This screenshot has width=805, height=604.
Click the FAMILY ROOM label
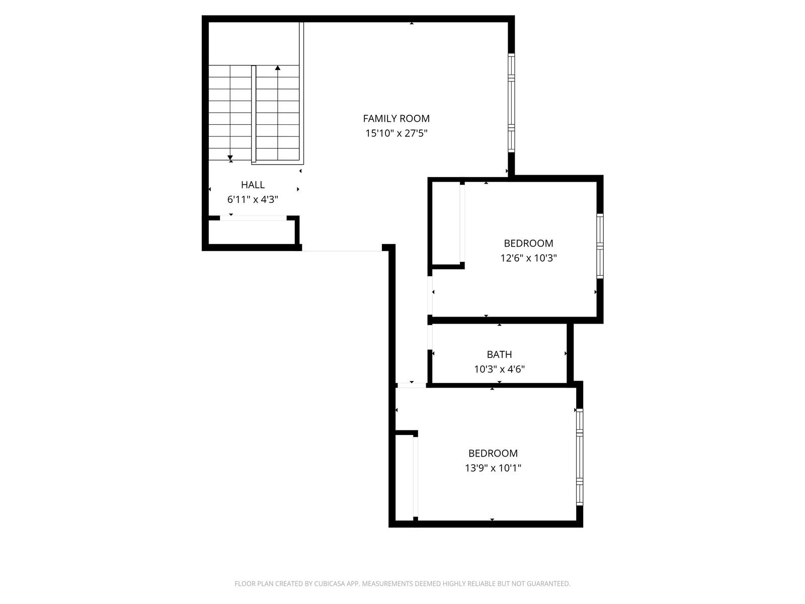pos(396,118)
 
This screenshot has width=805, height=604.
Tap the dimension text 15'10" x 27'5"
pos(396,133)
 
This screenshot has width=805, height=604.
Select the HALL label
pos(253,185)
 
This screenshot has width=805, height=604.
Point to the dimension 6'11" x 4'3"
pos(253,199)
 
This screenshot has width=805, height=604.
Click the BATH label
pos(499,355)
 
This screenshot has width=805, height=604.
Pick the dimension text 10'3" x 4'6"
pos(499,369)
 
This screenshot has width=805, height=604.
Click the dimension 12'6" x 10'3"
pos(528,258)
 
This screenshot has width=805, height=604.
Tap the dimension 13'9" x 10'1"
pos(493,468)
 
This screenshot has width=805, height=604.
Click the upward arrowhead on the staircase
pos(278,68)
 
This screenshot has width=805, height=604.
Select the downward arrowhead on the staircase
pos(230,158)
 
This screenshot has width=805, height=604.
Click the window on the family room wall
pos(511,103)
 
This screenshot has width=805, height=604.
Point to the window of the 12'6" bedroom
pos(600,246)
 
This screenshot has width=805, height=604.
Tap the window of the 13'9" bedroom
pos(580,457)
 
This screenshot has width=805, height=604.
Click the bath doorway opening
pos(430,337)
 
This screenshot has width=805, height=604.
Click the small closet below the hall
pos(252,232)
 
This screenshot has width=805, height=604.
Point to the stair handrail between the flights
pos(254,114)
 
